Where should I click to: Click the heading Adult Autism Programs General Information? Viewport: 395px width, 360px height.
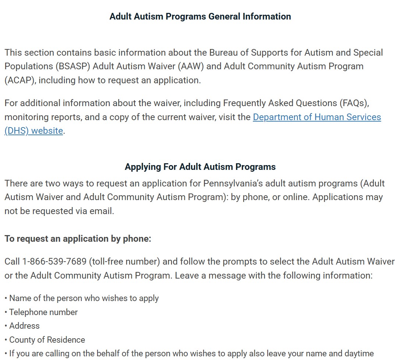200,17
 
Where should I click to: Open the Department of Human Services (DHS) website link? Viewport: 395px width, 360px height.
317,117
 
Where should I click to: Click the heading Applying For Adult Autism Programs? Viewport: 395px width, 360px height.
200,167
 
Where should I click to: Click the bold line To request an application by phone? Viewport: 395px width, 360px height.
78,239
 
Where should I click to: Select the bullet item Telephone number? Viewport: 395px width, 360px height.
43,312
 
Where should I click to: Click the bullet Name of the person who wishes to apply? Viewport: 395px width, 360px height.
84,298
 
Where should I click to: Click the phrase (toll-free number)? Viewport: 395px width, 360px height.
124,262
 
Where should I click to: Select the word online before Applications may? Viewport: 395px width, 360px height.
296,198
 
